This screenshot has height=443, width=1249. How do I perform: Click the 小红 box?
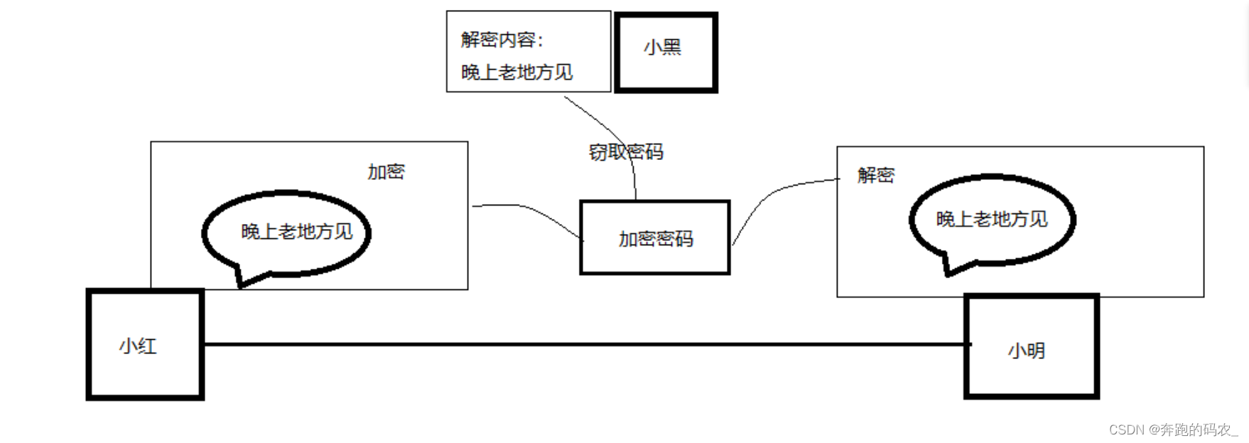click(145, 345)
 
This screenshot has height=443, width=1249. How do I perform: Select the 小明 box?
click(1031, 347)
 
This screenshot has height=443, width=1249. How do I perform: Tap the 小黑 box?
click(666, 52)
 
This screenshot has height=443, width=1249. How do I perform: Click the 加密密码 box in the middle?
click(654, 238)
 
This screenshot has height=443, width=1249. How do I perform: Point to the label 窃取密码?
click(626, 152)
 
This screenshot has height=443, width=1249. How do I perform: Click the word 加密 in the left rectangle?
click(386, 171)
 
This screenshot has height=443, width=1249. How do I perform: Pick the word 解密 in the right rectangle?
click(875, 175)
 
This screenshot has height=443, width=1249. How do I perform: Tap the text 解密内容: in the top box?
click(502, 40)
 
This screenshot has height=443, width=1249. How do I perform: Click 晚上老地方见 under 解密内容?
click(517, 73)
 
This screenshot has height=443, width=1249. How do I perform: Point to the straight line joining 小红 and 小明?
click(583, 344)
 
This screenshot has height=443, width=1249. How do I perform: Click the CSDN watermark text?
click(1172, 429)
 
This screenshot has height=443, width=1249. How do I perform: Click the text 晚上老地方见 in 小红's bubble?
click(297, 232)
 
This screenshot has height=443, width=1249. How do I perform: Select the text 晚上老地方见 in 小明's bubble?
click(992, 219)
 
